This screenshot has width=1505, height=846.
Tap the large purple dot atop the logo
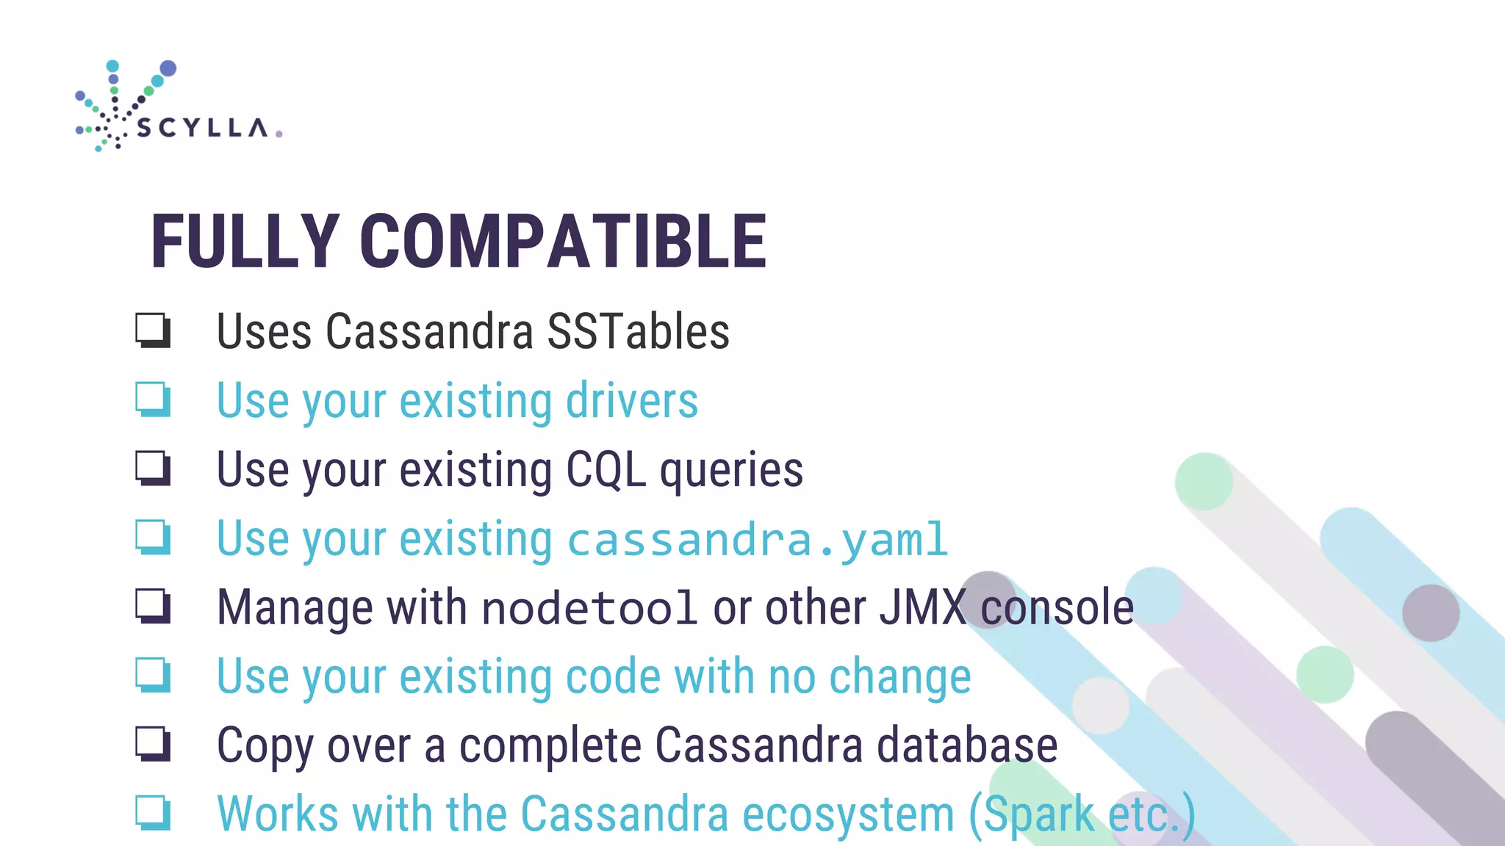[x=168, y=68]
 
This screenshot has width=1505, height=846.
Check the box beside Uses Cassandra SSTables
[x=153, y=330]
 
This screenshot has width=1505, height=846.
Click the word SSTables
[x=638, y=331]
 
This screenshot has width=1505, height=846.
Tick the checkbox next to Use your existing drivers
[x=153, y=399]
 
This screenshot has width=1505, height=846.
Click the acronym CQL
[x=606, y=469]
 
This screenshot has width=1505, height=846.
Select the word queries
[x=731, y=471]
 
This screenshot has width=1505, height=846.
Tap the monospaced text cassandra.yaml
[x=758, y=540]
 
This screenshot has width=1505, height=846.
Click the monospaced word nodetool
[x=589, y=608]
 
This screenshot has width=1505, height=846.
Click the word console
[x=1057, y=608]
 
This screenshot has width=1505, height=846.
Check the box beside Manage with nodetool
[x=153, y=606]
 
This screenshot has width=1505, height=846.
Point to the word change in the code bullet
[x=899, y=676]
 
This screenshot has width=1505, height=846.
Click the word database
[x=967, y=745]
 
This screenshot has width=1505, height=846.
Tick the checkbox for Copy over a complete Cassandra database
[x=153, y=743]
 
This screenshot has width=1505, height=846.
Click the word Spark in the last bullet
[x=1038, y=814]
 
